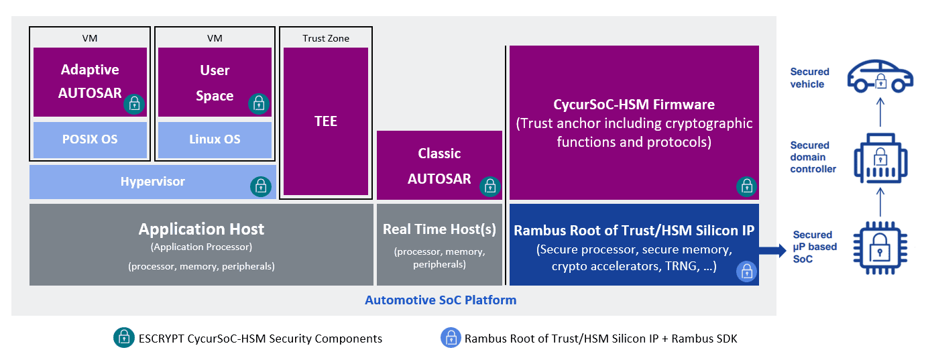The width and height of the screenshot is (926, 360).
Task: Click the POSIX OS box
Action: pyautogui.click(x=90, y=140)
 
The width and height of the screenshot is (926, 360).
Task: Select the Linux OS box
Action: pyautogui.click(x=215, y=140)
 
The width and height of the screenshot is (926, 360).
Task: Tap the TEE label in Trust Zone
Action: pyautogui.click(x=326, y=121)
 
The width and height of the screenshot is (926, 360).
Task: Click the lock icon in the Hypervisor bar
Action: pyautogui.click(x=260, y=186)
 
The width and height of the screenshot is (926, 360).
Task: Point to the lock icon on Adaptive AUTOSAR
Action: pyautogui.click(x=134, y=103)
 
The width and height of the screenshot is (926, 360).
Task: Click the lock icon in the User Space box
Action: pyautogui.click(x=258, y=103)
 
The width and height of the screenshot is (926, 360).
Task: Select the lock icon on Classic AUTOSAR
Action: pyautogui.click(x=490, y=186)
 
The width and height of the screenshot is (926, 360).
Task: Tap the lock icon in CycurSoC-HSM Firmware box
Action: pyautogui.click(x=746, y=186)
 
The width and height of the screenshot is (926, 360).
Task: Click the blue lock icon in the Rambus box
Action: pyautogui.click(x=746, y=272)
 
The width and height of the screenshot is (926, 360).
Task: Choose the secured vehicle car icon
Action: pyautogui.click(x=880, y=77)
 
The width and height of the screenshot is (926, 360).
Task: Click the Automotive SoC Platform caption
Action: pyautogui.click(x=441, y=300)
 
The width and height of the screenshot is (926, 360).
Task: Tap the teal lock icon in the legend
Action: pyautogui.click(x=123, y=339)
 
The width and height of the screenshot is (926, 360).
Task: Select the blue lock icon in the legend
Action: pyautogui.click(x=450, y=339)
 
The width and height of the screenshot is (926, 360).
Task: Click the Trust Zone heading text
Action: pyautogui.click(x=326, y=38)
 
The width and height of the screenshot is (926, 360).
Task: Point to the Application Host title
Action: pyautogui.click(x=201, y=229)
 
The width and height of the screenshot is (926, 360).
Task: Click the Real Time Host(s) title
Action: pyautogui.click(x=439, y=229)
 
